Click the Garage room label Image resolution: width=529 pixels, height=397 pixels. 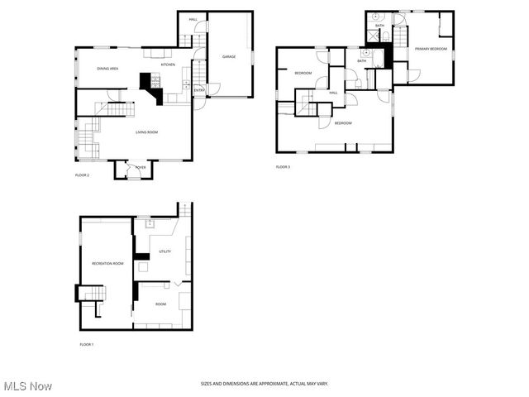[229, 56]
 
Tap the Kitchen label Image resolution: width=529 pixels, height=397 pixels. [168, 65]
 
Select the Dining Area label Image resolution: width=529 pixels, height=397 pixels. [108, 69]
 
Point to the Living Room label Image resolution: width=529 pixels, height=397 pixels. [147, 132]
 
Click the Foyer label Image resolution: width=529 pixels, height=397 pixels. [141, 167]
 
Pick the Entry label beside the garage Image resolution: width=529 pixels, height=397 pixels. [198, 89]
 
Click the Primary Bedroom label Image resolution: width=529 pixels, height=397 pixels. [431, 49]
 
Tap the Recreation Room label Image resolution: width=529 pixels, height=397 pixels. [107, 263]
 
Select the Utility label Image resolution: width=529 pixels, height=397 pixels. [164, 251]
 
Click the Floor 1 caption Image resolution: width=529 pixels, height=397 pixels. [86, 344]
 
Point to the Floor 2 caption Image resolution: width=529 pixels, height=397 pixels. [82, 175]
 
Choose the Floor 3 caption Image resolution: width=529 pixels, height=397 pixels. [283, 167]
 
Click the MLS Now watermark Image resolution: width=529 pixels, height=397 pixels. [28, 386]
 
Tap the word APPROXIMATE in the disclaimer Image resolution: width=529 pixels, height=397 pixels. [265, 384]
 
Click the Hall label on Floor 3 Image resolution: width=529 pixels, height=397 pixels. [333, 93]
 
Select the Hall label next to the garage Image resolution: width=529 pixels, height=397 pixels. [193, 19]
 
